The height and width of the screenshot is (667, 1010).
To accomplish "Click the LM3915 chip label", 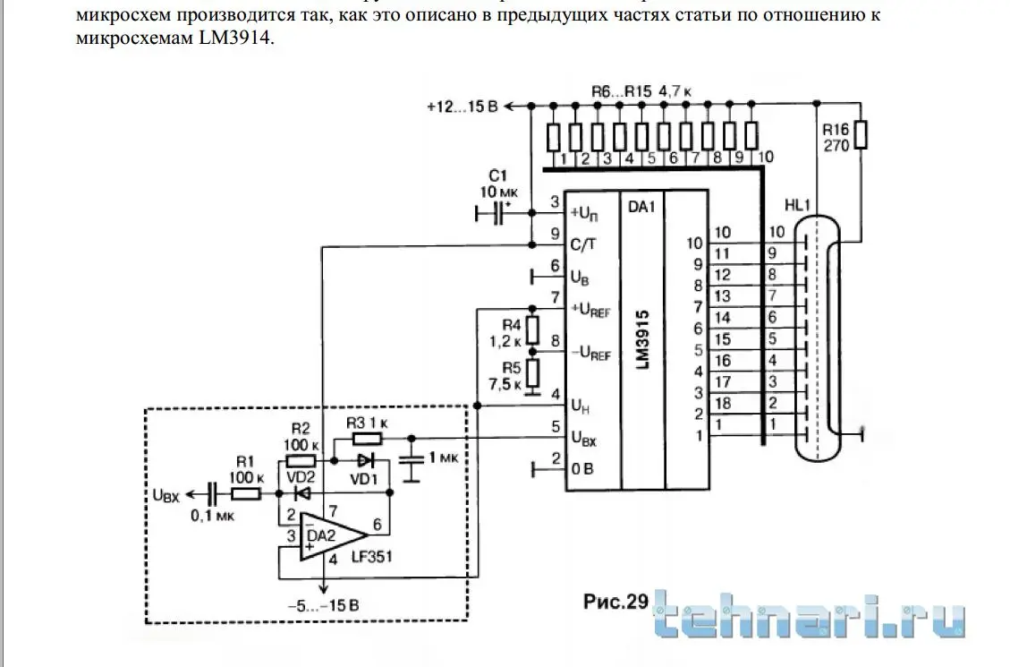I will tap(642, 340).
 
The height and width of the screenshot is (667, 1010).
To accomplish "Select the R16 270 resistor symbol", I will tap(861, 134).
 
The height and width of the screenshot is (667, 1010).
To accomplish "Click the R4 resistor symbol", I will tap(531, 330).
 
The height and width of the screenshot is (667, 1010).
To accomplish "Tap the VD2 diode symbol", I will tap(302, 492).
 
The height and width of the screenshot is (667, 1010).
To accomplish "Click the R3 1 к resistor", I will tap(365, 438).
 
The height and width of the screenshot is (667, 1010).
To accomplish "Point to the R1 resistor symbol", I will tap(245, 492).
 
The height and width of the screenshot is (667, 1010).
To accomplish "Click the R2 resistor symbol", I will tap(302, 460).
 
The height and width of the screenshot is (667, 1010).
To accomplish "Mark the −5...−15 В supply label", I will tap(324, 605).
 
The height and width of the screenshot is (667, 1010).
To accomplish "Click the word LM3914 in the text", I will tap(233, 38).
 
